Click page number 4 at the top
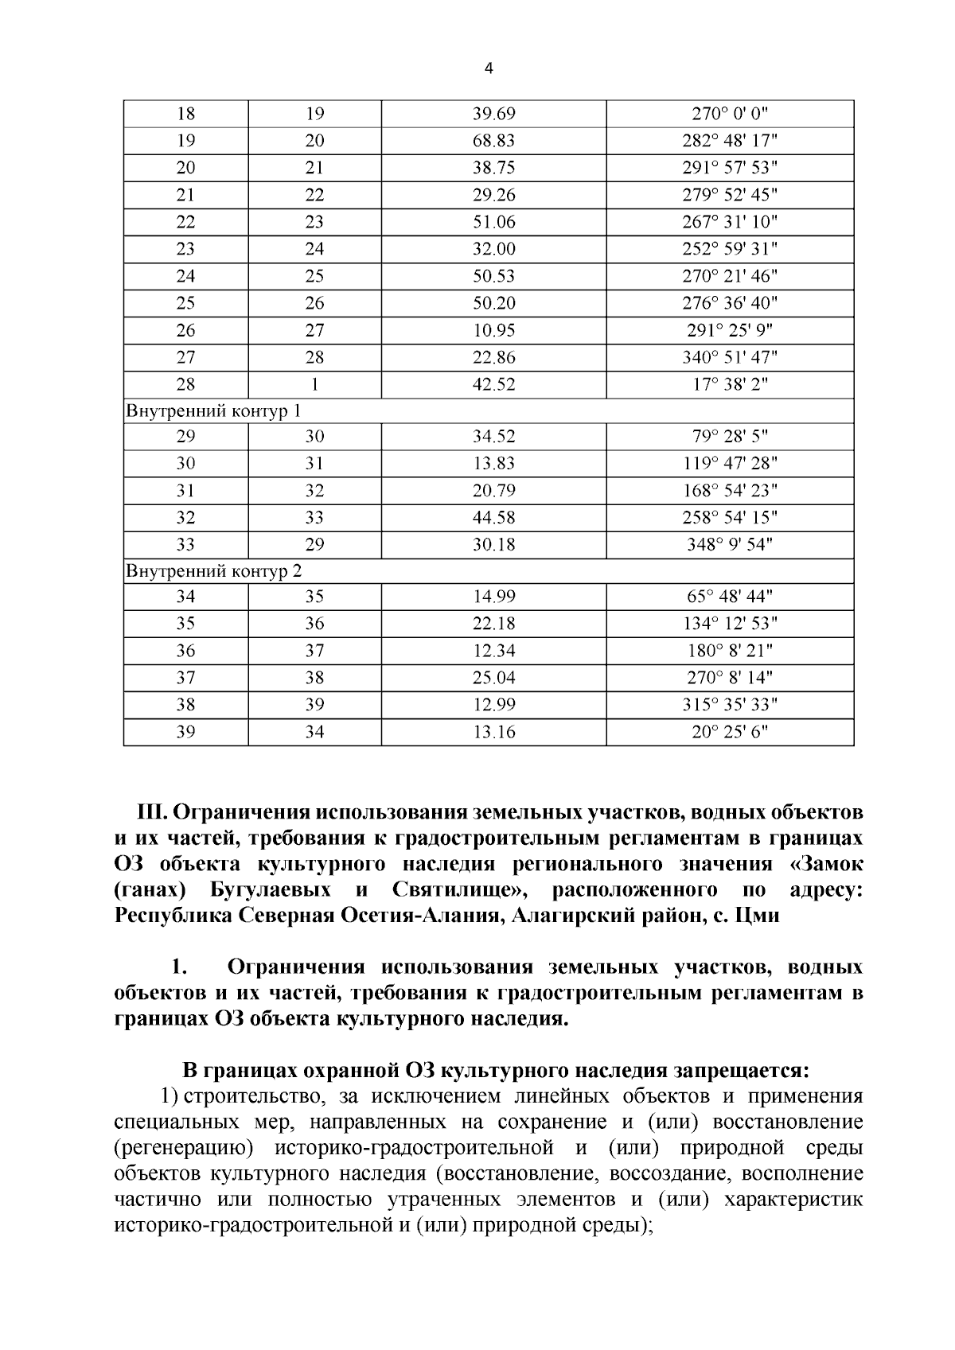(489, 69)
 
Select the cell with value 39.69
(493, 114)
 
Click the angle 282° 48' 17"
(730, 141)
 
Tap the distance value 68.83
(493, 141)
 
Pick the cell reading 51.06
(493, 222)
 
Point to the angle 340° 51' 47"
(730, 357)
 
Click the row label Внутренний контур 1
(213, 411)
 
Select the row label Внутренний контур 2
(213, 571)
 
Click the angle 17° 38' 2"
(730, 384)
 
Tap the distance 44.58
(493, 518)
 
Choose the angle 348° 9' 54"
(730, 545)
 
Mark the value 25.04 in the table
(493, 678)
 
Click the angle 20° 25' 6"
(730, 732)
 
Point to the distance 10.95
(493, 330)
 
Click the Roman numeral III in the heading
(151, 813)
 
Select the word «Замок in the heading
(827, 865)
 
